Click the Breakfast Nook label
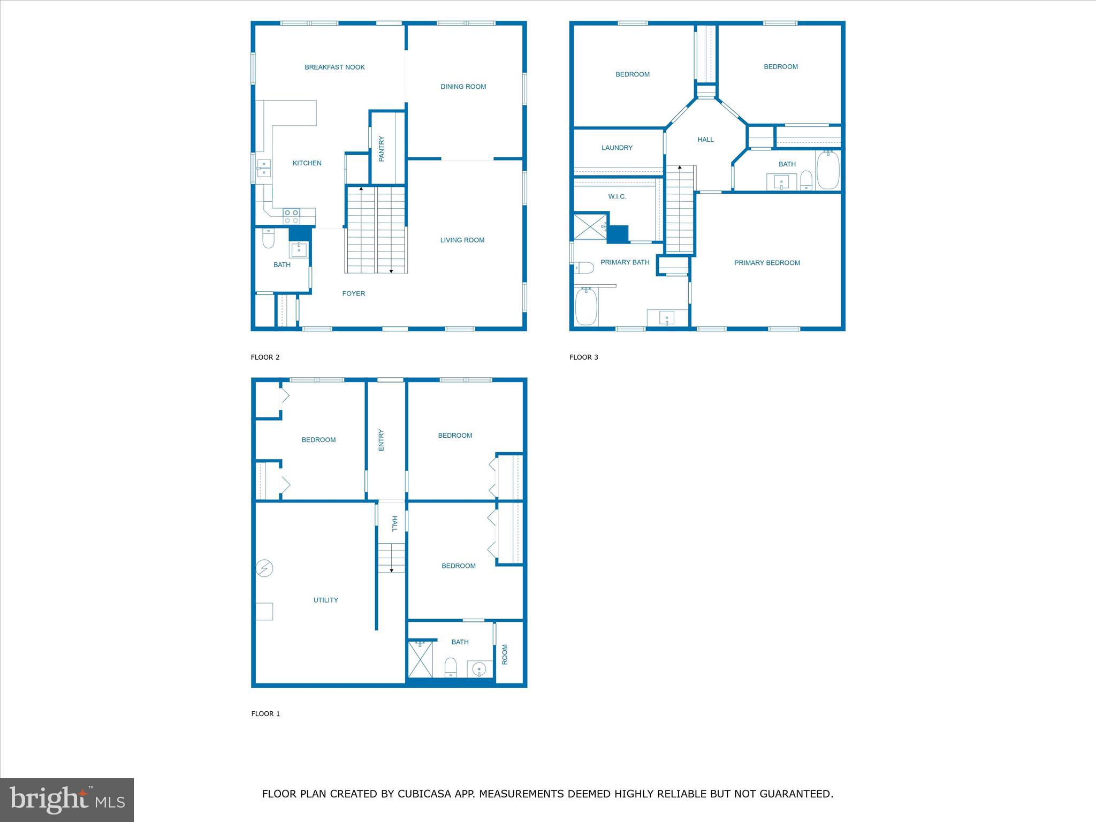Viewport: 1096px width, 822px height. point(334,67)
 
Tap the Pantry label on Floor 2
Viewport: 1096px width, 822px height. point(382,149)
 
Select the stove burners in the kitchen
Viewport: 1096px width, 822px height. point(292,217)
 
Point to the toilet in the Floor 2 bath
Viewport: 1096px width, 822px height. point(268,239)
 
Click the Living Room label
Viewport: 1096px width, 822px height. point(462,240)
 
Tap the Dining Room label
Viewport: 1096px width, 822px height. point(463,87)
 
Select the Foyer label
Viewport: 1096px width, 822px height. point(353,294)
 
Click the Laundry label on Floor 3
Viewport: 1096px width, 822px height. point(616,148)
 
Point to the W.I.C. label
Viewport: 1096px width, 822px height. point(616,197)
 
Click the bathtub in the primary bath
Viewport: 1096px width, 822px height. point(586,307)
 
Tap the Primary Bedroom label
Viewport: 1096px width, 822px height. point(766,263)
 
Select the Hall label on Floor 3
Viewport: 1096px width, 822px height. point(705,140)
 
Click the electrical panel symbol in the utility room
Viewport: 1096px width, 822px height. point(264,568)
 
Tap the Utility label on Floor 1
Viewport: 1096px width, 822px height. point(325,600)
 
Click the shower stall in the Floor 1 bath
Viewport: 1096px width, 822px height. point(421,659)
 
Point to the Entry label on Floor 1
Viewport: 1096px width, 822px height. point(382,440)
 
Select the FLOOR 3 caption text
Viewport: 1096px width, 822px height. point(583,357)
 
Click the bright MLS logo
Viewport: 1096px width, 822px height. point(67,800)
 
